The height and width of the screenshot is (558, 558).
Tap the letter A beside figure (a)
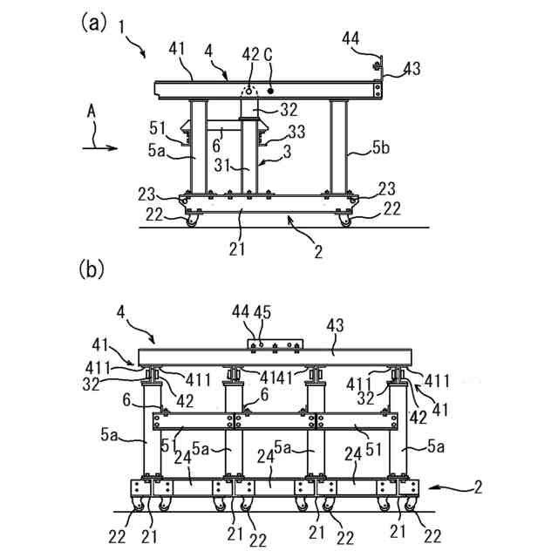tap(91, 112)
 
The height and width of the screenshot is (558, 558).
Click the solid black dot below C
tap(270, 90)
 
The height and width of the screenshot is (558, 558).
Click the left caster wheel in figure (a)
tap(191, 221)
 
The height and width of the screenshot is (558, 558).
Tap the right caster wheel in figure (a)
tap(344, 221)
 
